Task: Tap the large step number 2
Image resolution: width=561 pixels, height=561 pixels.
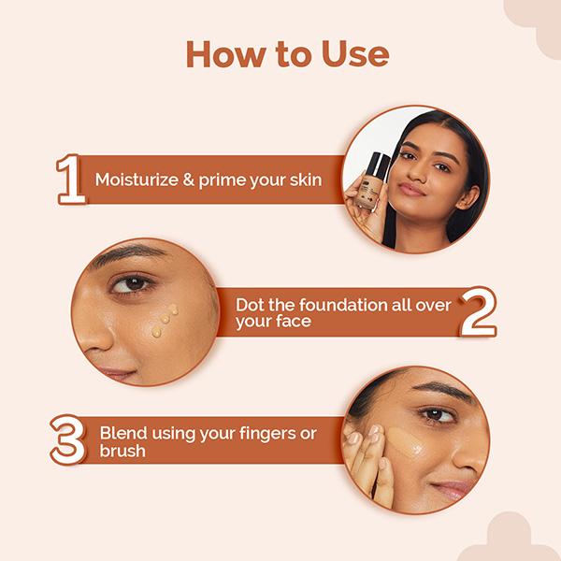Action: point(478,311)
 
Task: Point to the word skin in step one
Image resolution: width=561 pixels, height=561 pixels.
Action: point(305,178)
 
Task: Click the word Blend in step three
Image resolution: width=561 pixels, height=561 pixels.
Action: point(122,433)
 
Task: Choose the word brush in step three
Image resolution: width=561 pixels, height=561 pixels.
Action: point(122,452)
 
